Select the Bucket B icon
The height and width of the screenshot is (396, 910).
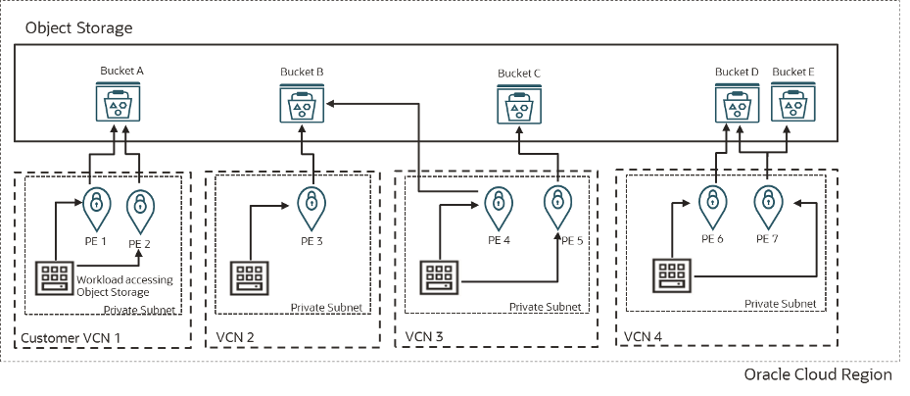[x=305, y=102]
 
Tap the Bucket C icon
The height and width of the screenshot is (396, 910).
[x=517, y=102]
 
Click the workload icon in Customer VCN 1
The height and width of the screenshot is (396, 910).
[x=54, y=278]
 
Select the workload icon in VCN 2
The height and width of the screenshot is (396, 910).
[x=245, y=278]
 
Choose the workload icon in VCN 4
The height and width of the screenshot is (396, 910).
[x=672, y=275]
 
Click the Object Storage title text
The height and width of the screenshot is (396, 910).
[x=78, y=28]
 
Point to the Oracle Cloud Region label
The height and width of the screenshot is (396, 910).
[x=817, y=375]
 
